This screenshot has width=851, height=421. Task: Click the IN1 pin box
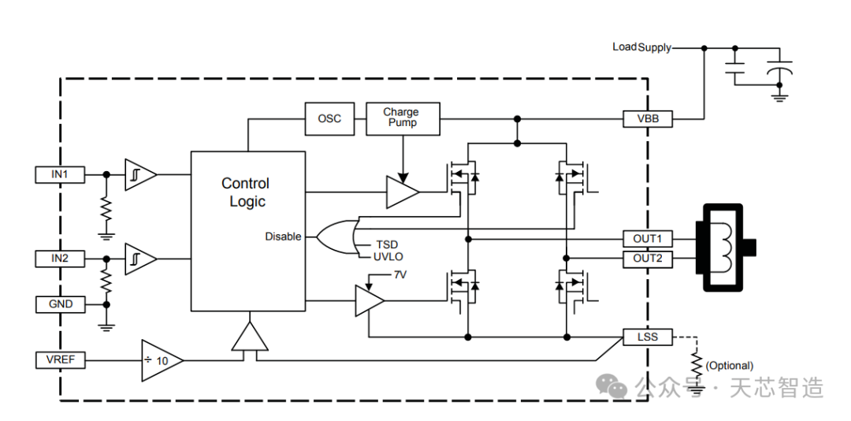60,174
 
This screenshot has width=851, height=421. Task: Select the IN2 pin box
60,259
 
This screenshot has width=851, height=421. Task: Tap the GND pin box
60,304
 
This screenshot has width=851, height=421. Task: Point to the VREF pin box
60,360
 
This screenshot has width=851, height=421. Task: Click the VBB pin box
648,119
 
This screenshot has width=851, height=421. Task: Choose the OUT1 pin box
648,238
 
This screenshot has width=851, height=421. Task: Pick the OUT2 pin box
648,259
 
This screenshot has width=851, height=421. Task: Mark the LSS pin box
648,337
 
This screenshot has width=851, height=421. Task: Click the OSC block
329,119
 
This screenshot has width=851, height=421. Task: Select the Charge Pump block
402,118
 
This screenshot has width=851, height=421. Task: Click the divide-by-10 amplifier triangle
160,360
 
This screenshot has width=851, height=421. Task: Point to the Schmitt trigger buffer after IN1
139,174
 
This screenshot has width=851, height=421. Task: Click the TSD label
386,244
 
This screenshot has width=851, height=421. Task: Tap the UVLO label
388,256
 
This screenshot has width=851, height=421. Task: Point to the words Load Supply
641,47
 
